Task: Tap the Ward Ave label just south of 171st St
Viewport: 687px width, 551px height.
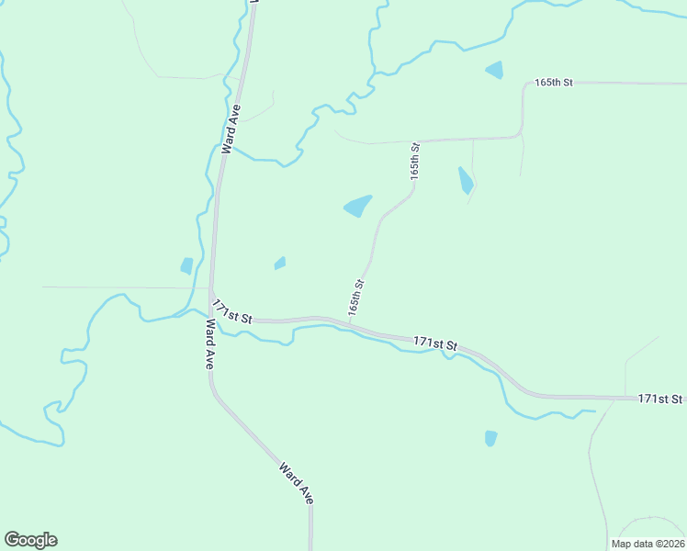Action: point(210,343)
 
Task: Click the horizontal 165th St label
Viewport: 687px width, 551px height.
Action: point(554,83)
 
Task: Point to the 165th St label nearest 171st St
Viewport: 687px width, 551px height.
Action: point(356,298)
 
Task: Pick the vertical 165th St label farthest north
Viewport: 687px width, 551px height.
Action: point(415,161)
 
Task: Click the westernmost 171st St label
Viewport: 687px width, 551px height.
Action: point(231,311)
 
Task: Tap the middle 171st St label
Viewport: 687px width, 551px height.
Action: point(435,343)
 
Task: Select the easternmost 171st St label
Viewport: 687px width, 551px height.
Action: point(661,399)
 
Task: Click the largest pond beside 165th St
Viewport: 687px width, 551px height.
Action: point(358,207)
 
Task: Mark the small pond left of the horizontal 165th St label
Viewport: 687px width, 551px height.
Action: point(494,70)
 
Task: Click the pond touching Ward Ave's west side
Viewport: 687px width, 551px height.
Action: point(187,266)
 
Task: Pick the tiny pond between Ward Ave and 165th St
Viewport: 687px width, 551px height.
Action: point(279,264)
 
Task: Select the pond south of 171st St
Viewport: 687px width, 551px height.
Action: point(490,438)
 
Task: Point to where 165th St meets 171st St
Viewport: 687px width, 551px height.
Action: point(350,322)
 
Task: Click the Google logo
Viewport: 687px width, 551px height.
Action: point(30,540)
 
